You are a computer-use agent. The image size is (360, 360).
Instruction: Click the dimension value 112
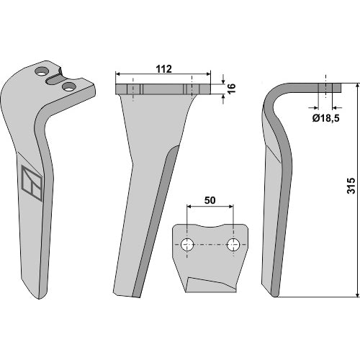[x=164, y=69]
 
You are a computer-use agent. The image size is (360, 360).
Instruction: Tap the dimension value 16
[x=231, y=89]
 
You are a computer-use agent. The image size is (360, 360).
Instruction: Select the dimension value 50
[x=210, y=200]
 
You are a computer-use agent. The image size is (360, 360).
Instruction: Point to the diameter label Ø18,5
[x=326, y=118]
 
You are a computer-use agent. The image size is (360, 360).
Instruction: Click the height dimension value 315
[x=351, y=186]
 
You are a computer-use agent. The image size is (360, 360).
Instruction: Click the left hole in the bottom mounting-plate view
[x=187, y=245]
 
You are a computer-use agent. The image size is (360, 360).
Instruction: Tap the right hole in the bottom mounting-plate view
[x=233, y=245]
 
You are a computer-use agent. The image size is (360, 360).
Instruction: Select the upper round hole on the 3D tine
[x=42, y=71]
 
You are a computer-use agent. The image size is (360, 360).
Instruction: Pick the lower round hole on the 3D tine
[x=68, y=86]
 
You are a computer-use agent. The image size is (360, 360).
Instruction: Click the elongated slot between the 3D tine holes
[x=55, y=79]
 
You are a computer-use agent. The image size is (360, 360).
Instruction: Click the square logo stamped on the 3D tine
[x=32, y=183]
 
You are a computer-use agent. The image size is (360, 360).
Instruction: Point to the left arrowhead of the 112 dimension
[x=118, y=74]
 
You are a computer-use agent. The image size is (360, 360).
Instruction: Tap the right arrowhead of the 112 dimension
[x=208, y=74]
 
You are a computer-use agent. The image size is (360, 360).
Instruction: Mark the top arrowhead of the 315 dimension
[x=358, y=86]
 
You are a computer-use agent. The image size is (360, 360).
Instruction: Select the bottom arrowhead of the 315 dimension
[x=358, y=294]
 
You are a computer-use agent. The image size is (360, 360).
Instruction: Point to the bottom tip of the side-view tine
[x=276, y=297]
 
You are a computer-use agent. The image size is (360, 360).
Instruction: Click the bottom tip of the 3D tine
[x=39, y=299]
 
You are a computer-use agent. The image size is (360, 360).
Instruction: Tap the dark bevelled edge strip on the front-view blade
[x=156, y=221]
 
